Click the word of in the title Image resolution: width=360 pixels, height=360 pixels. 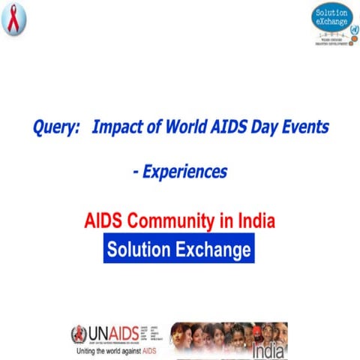click(150, 127)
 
